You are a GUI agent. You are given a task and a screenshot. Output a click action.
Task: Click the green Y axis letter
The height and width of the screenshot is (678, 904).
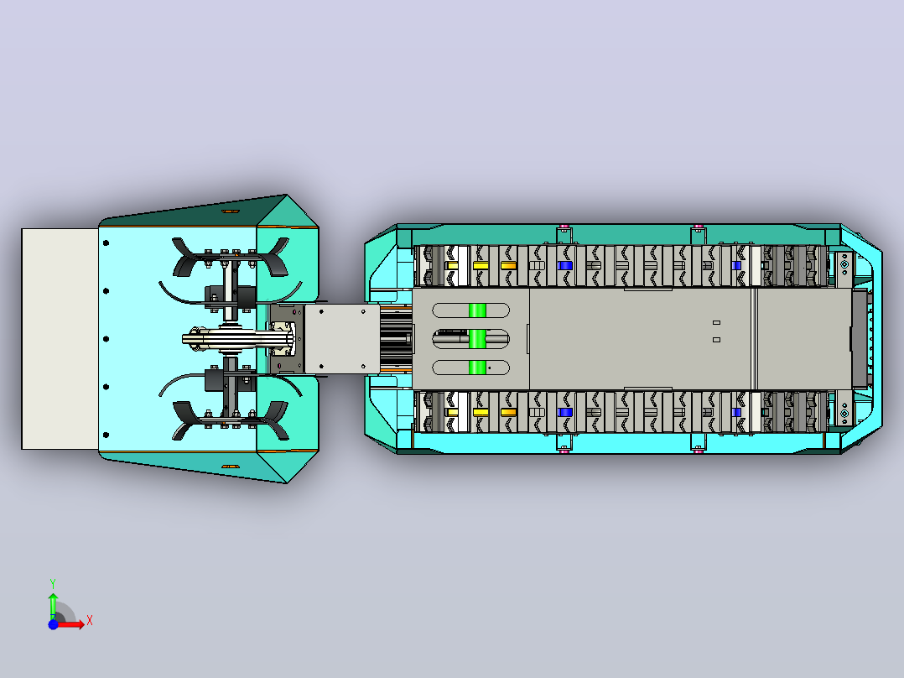point(53,583)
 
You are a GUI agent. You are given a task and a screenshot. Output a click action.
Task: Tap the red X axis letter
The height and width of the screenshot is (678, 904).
point(90,621)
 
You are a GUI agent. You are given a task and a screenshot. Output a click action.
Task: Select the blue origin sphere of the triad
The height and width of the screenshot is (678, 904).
point(53,624)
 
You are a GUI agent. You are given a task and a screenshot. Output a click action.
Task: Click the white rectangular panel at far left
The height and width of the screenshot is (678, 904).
point(60,339)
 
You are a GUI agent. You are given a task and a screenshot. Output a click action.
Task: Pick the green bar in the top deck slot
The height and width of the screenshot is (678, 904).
point(477,310)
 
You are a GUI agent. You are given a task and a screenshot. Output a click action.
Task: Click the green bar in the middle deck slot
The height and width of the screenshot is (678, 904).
point(477,339)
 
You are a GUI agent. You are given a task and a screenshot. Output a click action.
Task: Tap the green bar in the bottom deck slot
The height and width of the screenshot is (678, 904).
point(477,367)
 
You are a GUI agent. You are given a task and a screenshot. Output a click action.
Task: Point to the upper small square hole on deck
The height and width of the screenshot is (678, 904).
point(717,322)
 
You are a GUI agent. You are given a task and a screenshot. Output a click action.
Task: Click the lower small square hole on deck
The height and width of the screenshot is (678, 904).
point(717,340)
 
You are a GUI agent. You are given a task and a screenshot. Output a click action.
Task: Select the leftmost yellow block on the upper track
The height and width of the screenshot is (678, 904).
point(452,265)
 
